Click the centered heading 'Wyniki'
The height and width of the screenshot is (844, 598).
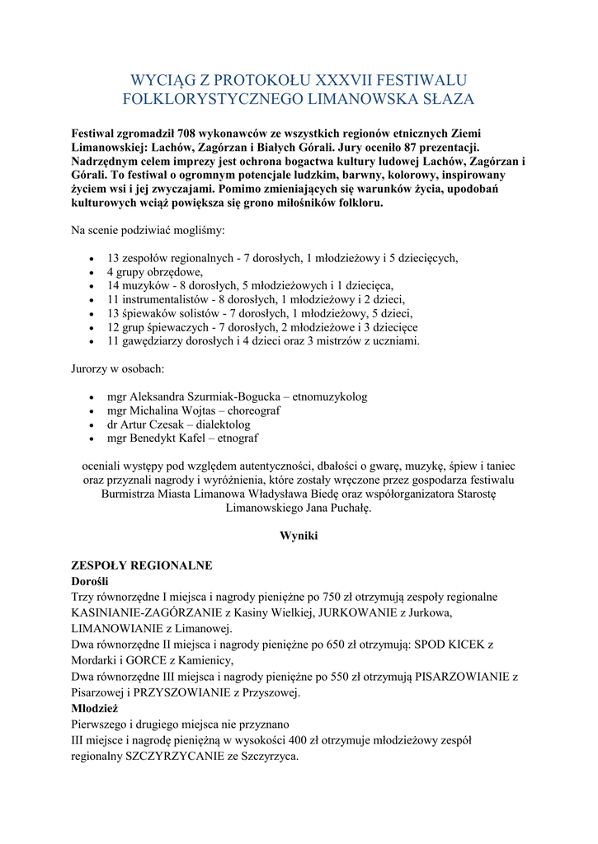299,536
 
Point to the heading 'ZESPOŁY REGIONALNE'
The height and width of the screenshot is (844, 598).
142,565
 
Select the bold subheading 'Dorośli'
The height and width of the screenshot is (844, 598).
96,581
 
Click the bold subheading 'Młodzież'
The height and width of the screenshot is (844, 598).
95,708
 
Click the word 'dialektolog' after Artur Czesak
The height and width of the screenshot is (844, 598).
224,424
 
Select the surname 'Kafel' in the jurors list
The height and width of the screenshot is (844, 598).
205,438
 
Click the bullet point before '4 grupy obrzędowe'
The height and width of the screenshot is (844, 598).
92,272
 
